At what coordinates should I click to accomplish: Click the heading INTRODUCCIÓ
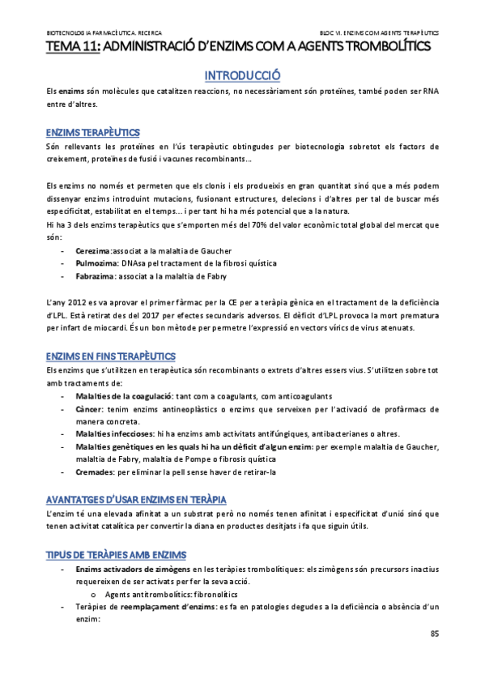click(242, 75)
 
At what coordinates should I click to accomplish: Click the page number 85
click(434, 633)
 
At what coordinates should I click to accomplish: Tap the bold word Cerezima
click(92, 250)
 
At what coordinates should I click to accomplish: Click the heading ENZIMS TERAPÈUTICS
click(93, 132)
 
